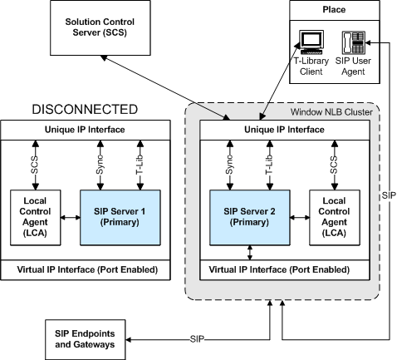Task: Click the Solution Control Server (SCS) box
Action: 100,27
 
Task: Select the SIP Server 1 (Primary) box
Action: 120,218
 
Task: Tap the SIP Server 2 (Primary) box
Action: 250,218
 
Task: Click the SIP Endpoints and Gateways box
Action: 86,339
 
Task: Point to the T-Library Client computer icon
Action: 311,42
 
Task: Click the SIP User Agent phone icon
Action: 354,42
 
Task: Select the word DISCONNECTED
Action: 85,110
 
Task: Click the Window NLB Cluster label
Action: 331,112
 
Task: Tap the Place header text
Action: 334,10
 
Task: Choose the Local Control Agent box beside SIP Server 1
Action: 36,218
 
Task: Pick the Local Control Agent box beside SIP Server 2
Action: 335,218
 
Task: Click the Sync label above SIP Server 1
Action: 100,165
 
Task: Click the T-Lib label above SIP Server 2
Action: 269,165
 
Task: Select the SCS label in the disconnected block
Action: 35,165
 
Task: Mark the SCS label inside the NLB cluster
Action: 334,165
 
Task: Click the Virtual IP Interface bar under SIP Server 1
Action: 86,269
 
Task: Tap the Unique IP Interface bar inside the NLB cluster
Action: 285,130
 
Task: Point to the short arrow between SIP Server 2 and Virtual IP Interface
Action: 250,253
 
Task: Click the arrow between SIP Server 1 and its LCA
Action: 71,218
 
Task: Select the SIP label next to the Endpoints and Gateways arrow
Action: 197,339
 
